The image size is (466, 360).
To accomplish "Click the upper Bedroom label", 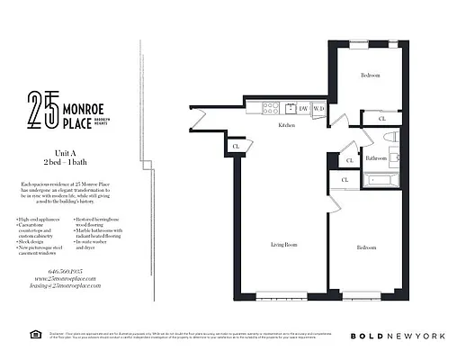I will (x=371, y=76).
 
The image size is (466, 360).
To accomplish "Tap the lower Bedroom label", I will (x=365, y=247).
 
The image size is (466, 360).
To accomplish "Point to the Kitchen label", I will (x=287, y=125).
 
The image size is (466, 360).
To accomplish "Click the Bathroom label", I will (x=376, y=157).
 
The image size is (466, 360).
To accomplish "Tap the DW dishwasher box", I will (x=303, y=109).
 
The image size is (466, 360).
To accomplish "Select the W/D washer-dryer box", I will (x=318, y=109).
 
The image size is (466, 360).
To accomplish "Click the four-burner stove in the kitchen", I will (x=269, y=109).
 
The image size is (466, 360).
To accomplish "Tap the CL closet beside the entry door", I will (x=236, y=147).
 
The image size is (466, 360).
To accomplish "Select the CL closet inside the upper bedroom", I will (x=382, y=119).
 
